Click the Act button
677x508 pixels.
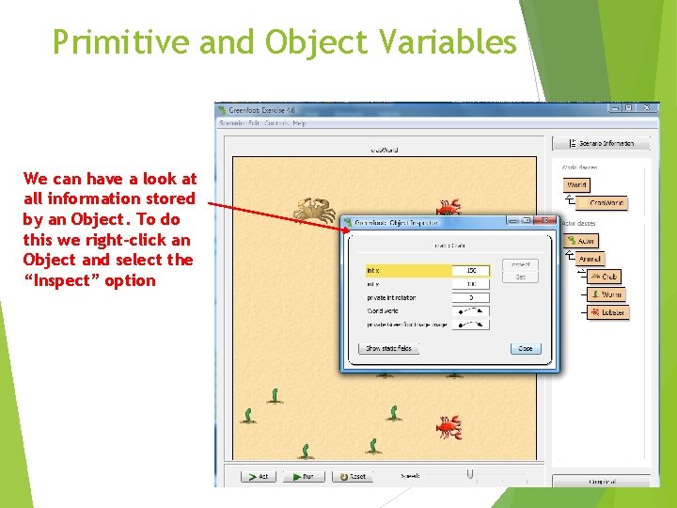pos(259,476)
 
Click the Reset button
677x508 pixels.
pos(353,476)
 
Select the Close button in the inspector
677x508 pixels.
pos(525,348)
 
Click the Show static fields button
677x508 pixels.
pos(388,348)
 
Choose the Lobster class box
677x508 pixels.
pos(608,312)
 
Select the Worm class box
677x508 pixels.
pos(608,294)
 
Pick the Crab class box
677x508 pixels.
pos(605,277)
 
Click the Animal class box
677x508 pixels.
pos(590,259)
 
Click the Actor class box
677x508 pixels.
pos(582,241)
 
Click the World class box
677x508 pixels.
pos(576,185)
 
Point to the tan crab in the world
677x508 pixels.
pos(314,211)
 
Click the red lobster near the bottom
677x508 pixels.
pos(449,427)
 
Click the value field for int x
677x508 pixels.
pos(471,271)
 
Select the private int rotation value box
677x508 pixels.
pos(471,297)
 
